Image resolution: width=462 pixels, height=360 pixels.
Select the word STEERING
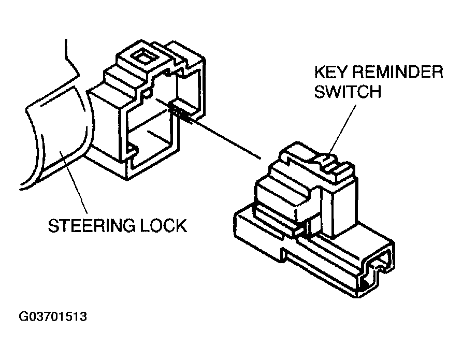95,226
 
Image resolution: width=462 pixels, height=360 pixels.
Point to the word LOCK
165,226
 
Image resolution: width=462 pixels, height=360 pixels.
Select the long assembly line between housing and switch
228,140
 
